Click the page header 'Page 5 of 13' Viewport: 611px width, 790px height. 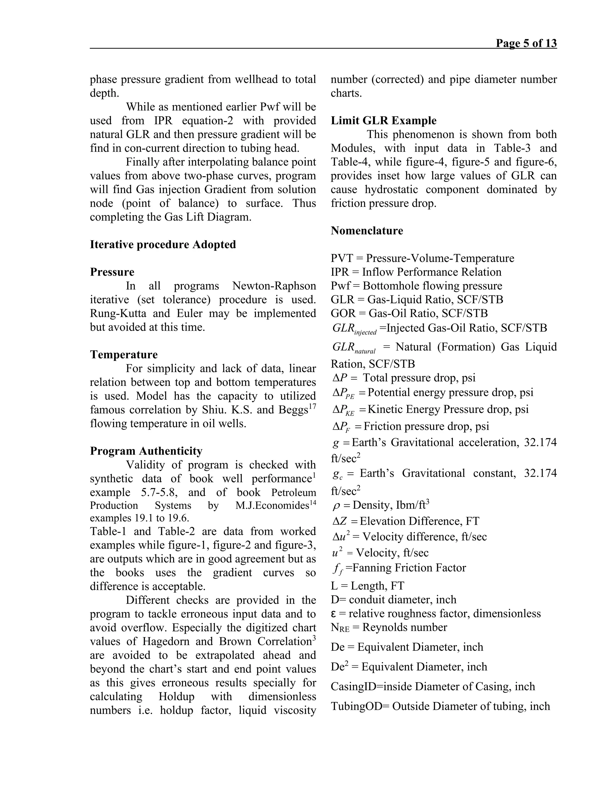pyautogui.click(x=526, y=44)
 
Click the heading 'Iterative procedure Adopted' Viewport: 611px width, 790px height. pyautogui.click(x=163, y=244)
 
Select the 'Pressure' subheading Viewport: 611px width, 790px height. pyautogui.click(x=112, y=272)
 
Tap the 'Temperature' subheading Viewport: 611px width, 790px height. pyautogui.click(x=124, y=354)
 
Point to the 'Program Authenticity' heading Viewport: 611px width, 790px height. pyautogui.click(x=146, y=451)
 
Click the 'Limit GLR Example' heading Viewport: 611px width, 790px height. pyautogui.click(x=383, y=120)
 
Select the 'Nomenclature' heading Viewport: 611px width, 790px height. pyautogui.click(x=367, y=231)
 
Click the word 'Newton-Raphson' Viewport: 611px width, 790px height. pyautogui.click(x=274, y=286)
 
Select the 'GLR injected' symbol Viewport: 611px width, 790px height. pyautogui.click(x=354, y=329)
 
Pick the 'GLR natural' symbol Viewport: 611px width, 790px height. pyautogui.click(x=354, y=348)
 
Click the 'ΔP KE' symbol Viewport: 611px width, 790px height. pyautogui.click(x=343, y=410)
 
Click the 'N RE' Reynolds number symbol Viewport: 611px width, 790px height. pyautogui.click(x=340, y=628)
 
